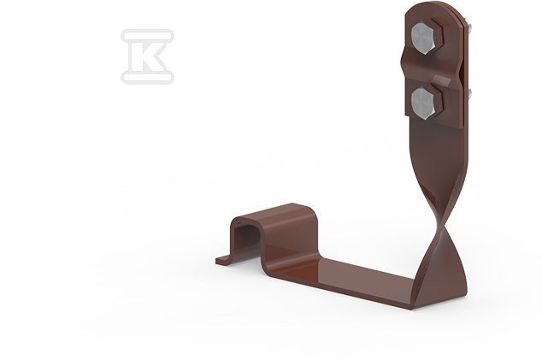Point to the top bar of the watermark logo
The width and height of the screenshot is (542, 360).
(x=147, y=35)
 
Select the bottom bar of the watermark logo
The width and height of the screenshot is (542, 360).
(x=147, y=78)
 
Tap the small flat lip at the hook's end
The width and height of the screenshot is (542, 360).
(x=222, y=259)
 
